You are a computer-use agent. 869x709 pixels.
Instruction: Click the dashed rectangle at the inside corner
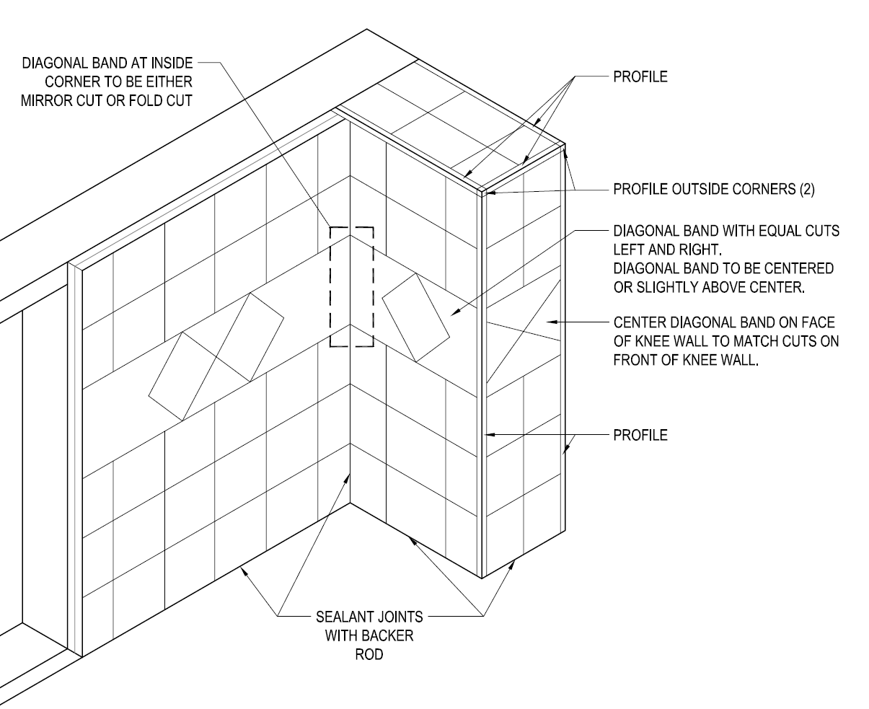pyautogui.click(x=351, y=287)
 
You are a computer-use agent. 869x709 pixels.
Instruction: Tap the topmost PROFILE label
pyautogui.click(x=640, y=77)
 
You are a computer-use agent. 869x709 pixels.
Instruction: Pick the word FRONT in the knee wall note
pyautogui.click(x=635, y=360)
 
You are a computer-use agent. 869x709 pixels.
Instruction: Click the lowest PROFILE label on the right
pyautogui.click(x=640, y=435)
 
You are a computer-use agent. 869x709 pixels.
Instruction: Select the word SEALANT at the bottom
pyautogui.click(x=343, y=617)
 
